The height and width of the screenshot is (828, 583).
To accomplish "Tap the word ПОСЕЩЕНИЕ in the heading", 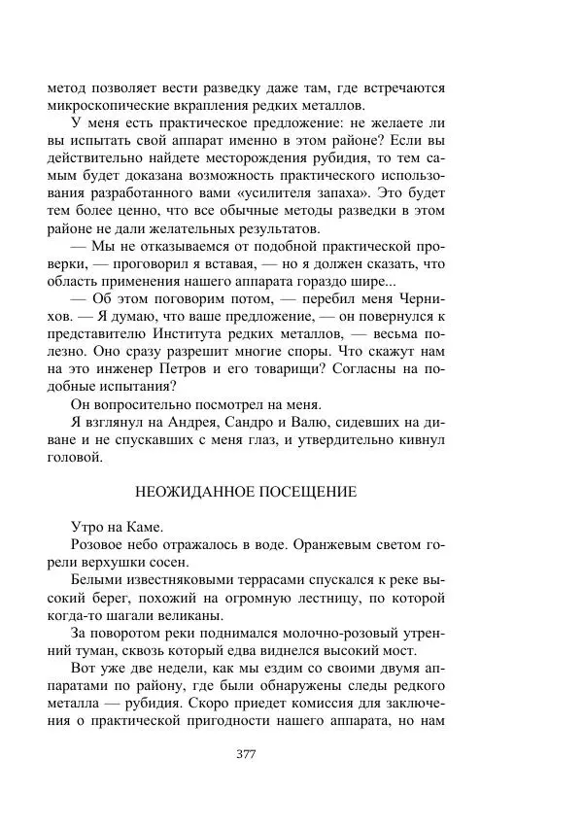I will tap(309, 492).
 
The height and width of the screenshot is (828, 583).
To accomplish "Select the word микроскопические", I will tap(106, 103).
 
